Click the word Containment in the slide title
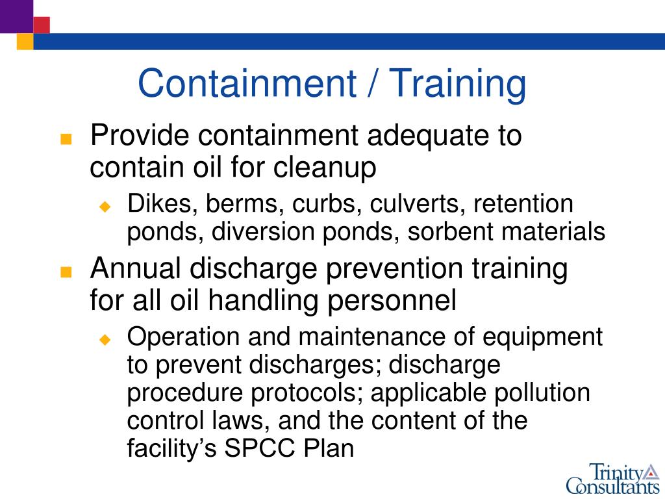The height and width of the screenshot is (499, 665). tap(247, 84)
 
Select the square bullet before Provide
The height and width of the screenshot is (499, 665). tap(64, 140)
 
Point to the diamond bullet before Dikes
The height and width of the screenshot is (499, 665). tap(106, 207)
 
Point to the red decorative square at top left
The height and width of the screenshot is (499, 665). tap(42, 25)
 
